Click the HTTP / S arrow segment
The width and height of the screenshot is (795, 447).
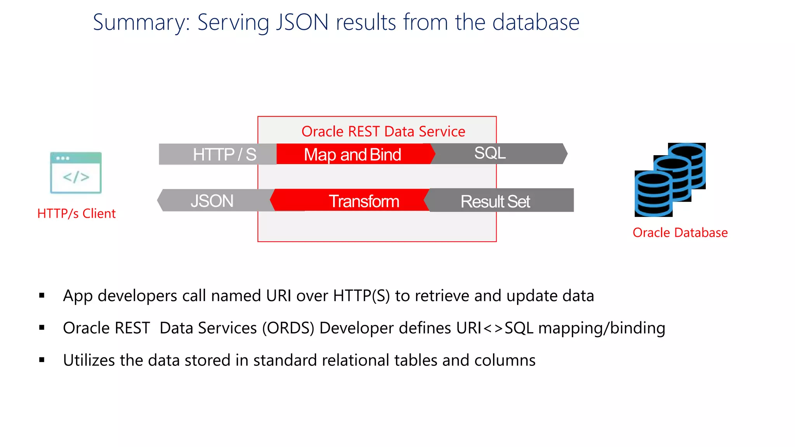pos(217,154)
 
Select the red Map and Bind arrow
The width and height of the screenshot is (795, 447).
pos(352,154)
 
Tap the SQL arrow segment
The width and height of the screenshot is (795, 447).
pos(497,153)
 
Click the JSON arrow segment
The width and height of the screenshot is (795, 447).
pos(213,201)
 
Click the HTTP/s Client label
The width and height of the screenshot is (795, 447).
pos(76,213)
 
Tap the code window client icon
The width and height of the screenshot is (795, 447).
pos(76,173)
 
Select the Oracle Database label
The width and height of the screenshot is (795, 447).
pos(680,232)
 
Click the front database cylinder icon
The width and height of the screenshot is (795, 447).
pos(653,194)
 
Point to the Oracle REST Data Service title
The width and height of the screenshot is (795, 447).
pos(383,132)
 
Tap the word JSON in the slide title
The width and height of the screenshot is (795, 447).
pos(302,23)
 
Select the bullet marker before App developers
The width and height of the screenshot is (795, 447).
pos(42,296)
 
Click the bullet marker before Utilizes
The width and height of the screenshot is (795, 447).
pos(42,360)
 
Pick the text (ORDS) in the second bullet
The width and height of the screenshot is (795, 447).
pos(288,328)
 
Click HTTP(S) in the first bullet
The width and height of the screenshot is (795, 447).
pos(361,296)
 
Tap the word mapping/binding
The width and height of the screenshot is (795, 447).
pos(602,328)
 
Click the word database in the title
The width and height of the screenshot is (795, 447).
pos(536,23)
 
